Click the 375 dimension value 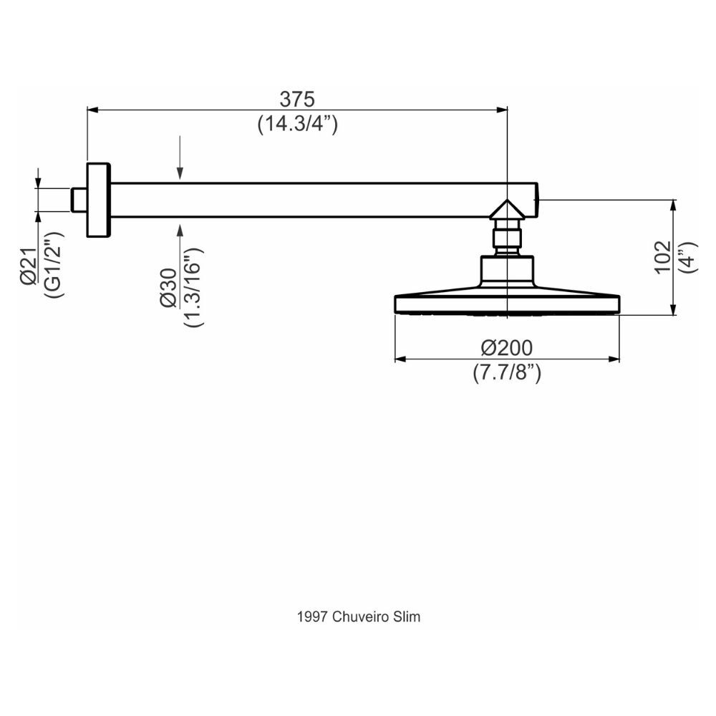pos(297,99)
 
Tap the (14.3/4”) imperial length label pos(297,124)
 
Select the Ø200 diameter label pos(507,348)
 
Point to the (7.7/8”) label pos(507,372)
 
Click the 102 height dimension pos(662,256)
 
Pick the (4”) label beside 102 pos(687,256)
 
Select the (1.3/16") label pos(193,287)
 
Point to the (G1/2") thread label pos(54,264)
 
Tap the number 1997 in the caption pos(312,616)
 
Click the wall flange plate pos(98,200)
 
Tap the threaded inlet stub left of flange pos(79,200)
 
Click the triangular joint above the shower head pos(507,210)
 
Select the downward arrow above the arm pos(180,172)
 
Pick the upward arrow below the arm pos(180,230)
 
